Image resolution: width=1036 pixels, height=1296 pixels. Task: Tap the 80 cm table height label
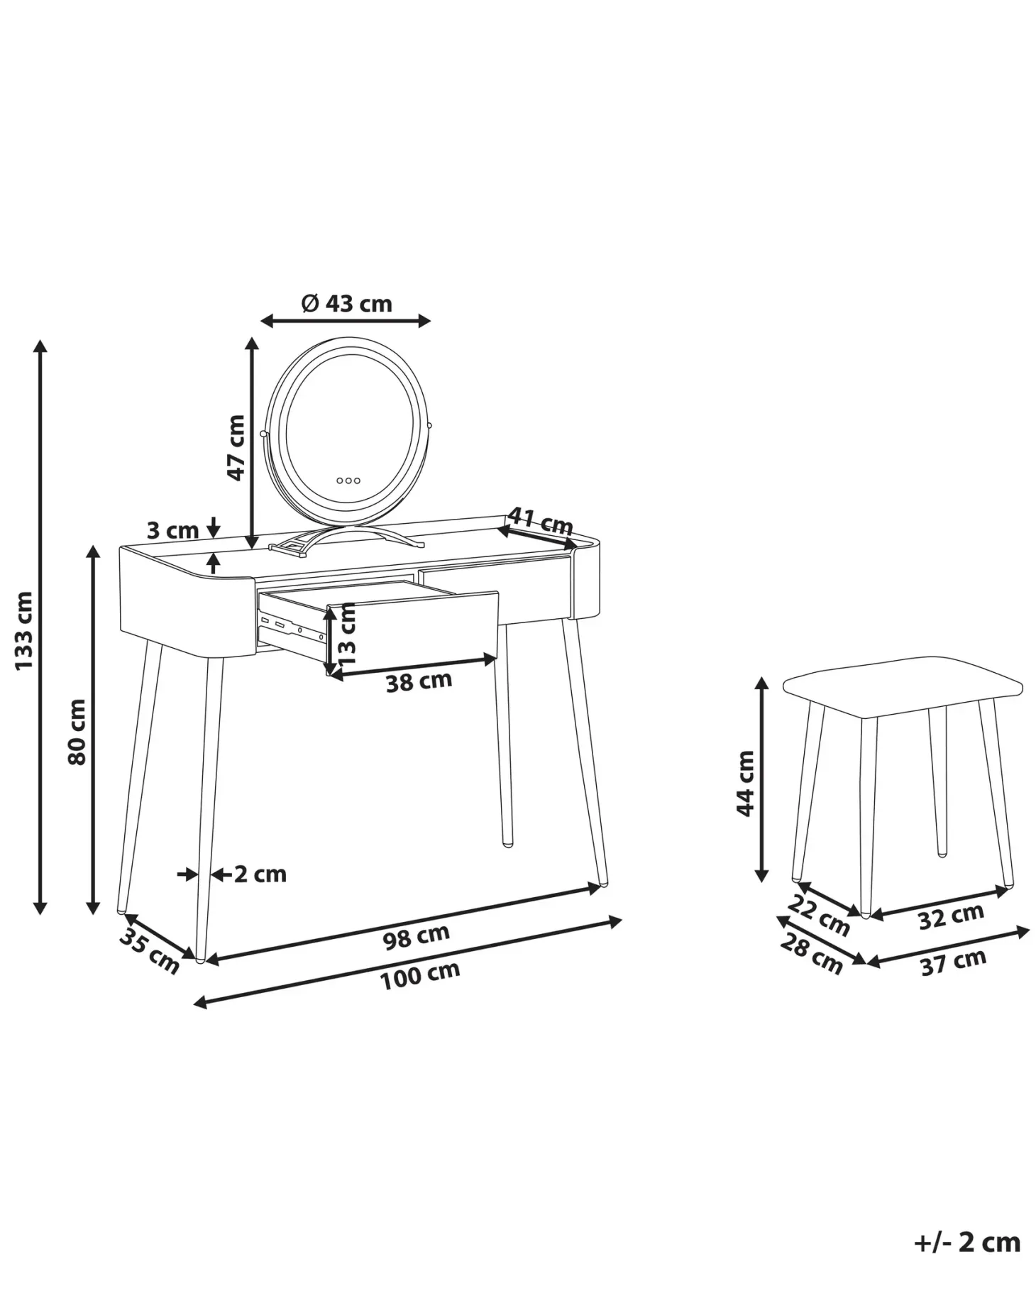tap(77, 732)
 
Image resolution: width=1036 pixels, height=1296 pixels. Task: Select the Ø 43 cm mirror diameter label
tap(346, 303)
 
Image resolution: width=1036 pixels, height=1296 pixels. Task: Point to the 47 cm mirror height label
tap(236, 448)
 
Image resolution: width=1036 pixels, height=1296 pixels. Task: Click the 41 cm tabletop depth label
tap(541, 522)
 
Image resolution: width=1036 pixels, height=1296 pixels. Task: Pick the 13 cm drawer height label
tap(346, 634)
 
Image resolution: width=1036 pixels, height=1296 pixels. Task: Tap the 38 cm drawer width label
tap(419, 681)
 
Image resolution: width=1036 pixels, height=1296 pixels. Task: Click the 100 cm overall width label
tap(420, 975)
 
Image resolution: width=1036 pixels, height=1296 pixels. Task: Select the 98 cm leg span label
tap(417, 936)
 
